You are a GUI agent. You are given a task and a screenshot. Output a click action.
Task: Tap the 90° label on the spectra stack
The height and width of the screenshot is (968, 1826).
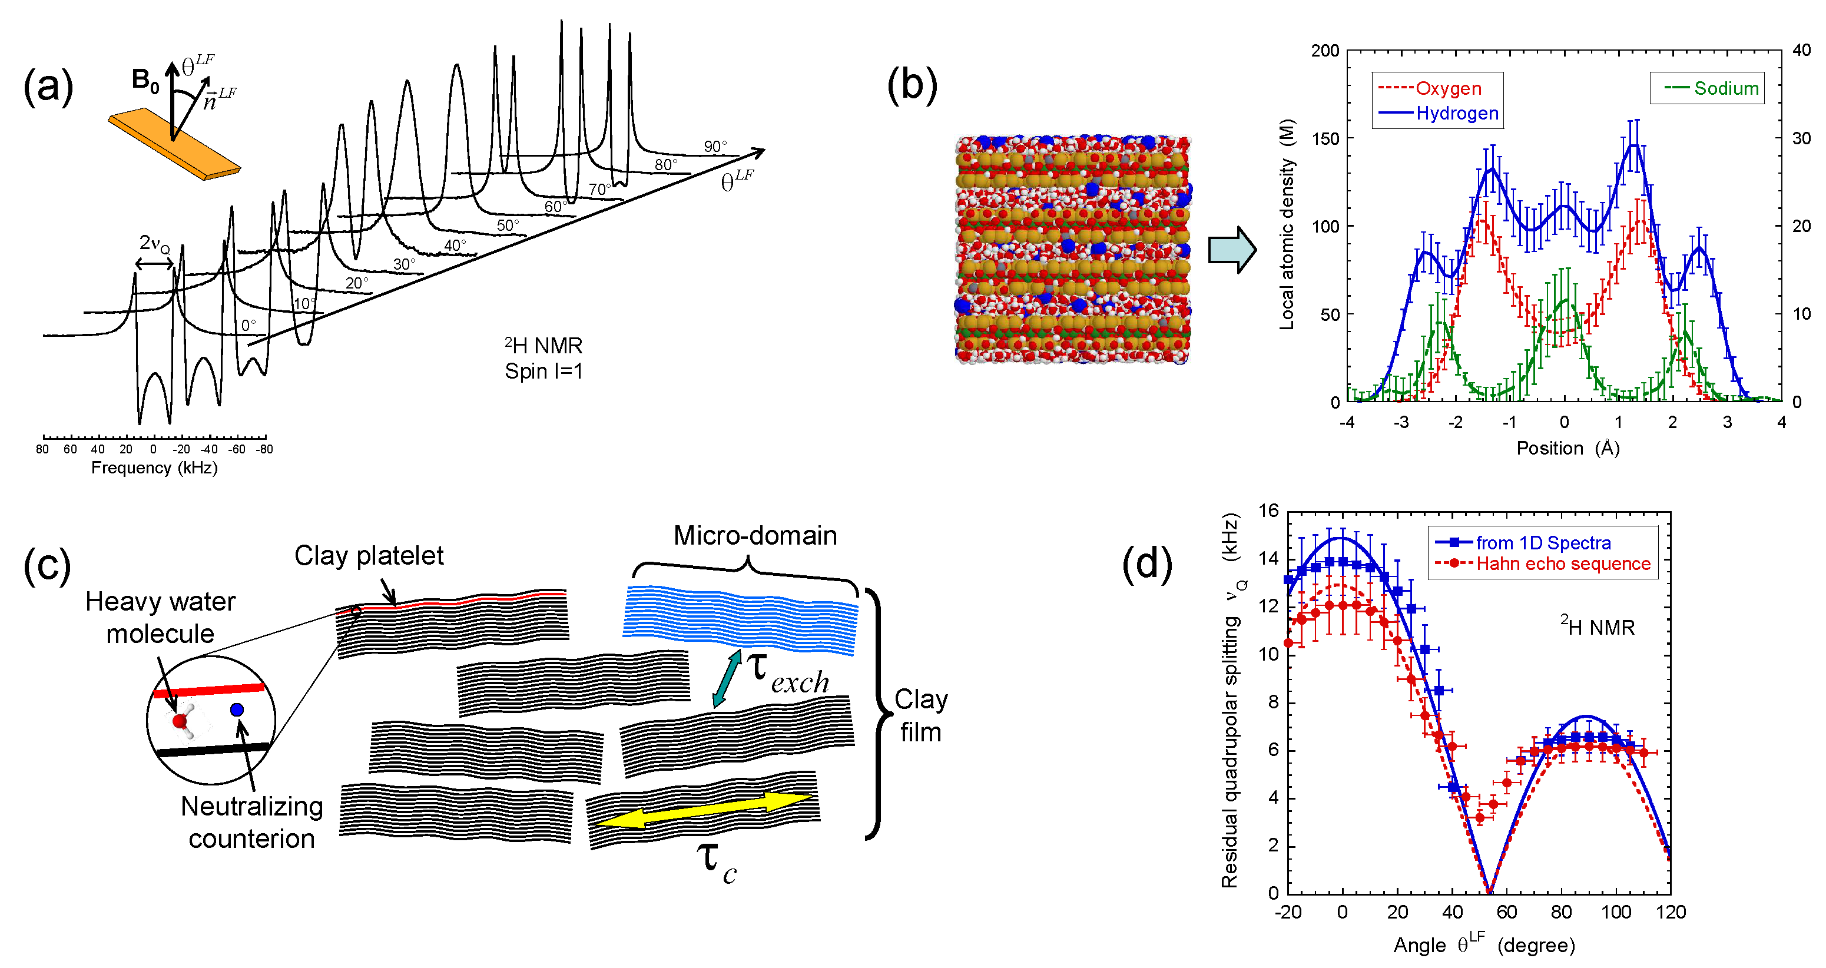(714, 147)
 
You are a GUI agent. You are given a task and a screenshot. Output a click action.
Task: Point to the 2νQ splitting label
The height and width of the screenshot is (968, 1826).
(154, 244)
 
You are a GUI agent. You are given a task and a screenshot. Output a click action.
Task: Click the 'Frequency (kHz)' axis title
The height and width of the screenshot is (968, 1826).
(154, 468)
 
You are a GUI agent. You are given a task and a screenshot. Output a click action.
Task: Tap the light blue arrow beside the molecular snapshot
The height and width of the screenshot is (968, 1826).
(1231, 250)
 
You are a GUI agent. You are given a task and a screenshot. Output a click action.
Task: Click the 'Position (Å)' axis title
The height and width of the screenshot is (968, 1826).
(1567, 449)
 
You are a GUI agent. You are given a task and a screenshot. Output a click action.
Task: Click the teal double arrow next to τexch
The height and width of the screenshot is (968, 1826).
(727, 678)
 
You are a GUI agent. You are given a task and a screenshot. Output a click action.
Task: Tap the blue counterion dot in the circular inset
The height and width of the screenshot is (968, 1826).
(237, 710)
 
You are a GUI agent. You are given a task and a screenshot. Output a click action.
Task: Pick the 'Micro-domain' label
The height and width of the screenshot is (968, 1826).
(755, 536)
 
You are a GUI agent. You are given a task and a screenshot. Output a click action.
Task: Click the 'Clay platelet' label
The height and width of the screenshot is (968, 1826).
(369, 556)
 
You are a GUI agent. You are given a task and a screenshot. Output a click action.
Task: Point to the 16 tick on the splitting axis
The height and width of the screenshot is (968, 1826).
(1268, 511)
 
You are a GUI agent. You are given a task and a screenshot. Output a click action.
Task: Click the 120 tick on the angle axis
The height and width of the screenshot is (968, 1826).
(1670, 912)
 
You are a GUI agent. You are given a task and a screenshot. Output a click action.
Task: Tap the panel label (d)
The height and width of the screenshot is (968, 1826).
(1146, 565)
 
